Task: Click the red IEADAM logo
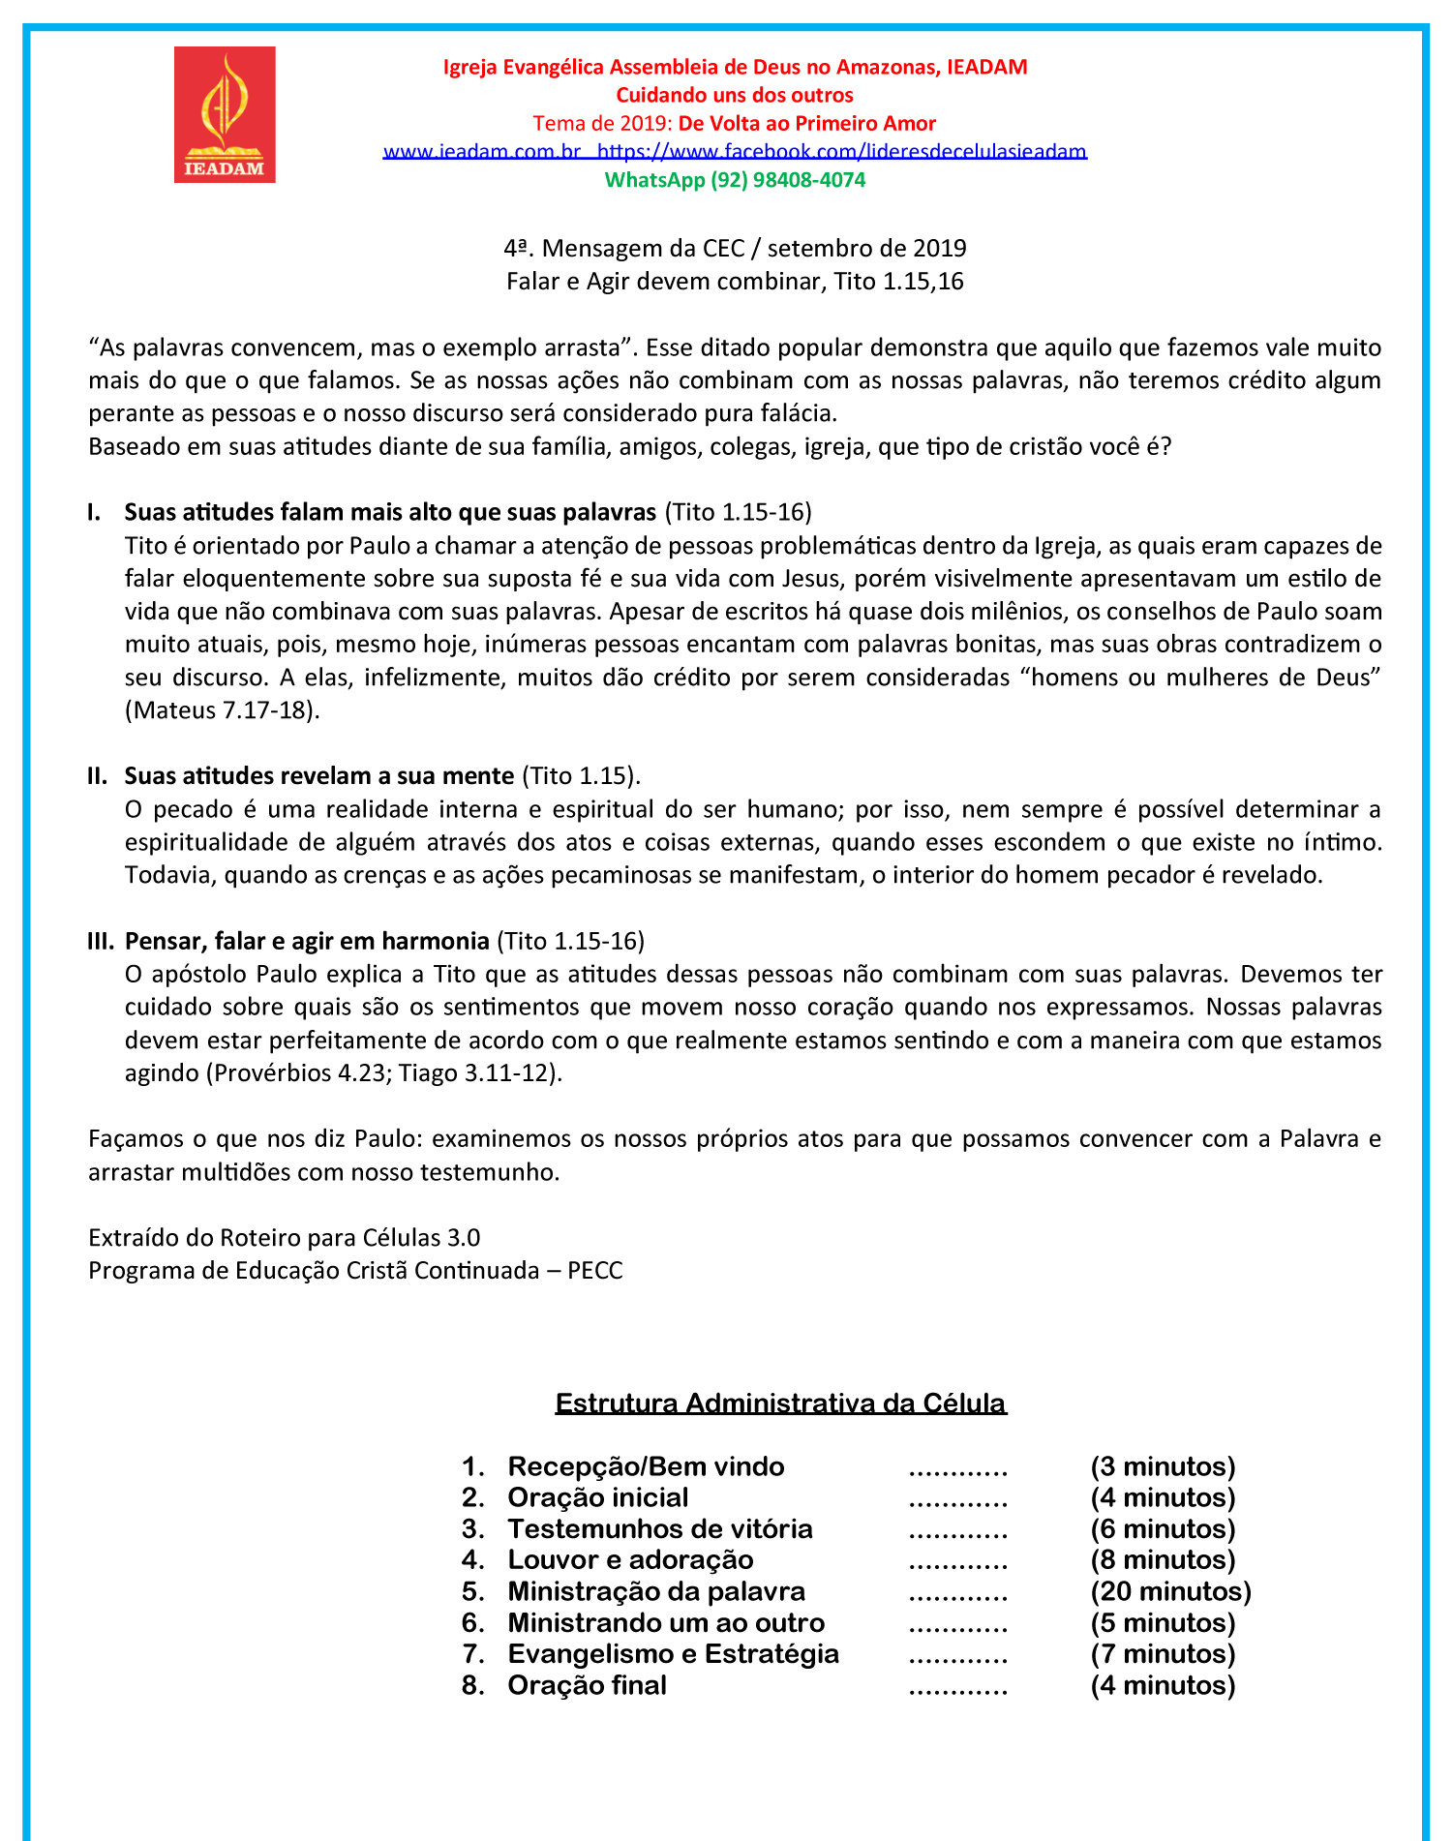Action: click(225, 114)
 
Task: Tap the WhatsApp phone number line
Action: click(735, 180)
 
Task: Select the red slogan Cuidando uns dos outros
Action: click(735, 95)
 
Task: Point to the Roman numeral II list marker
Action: click(97, 776)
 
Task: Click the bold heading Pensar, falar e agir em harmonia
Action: click(307, 941)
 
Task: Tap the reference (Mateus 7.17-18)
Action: click(223, 710)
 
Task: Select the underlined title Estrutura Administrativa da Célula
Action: click(780, 1403)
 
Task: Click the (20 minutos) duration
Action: click(1170, 1591)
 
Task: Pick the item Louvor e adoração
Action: click(630, 1560)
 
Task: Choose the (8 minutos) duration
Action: click(1163, 1560)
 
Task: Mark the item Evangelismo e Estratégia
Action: click(673, 1654)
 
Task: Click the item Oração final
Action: click(587, 1685)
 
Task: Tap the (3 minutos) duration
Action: click(1163, 1466)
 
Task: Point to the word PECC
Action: click(595, 1271)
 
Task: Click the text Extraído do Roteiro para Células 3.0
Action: click(284, 1238)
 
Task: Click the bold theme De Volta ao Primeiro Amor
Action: click(806, 124)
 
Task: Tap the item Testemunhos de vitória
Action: click(660, 1529)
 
